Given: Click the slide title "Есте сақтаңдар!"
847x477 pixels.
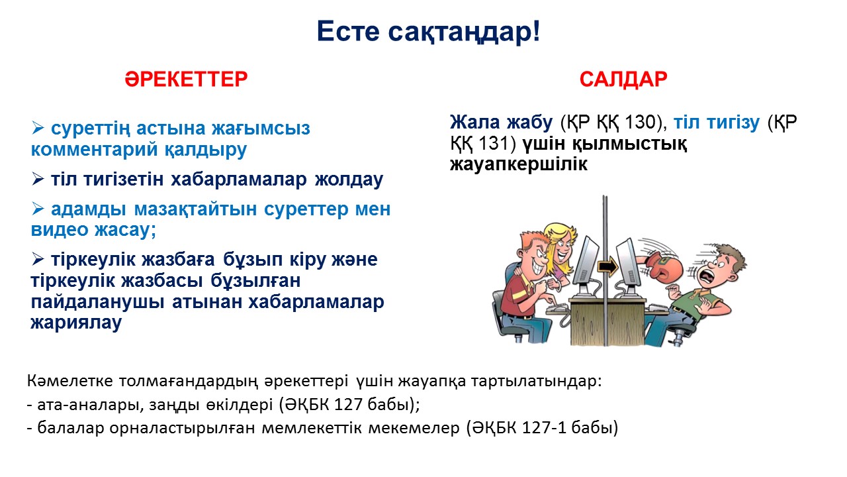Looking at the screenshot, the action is (x=428, y=32).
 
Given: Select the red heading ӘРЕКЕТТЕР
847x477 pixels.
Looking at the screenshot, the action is (x=186, y=79).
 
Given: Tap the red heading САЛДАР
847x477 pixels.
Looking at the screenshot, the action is (x=623, y=79).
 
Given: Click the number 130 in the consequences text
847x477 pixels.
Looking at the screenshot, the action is (x=640, y=122).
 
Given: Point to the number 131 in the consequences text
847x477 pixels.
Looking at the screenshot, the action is (x=494, y=143).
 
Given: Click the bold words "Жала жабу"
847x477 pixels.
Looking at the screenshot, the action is (x=502, y=122).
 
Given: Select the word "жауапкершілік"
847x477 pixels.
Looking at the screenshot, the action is (x=518, y=164).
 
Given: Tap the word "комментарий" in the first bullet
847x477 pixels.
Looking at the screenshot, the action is (x=94, y=149).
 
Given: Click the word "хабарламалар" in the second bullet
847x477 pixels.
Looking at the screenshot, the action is (x=239, y=179).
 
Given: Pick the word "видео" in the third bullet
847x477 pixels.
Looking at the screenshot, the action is (x=59, y=229).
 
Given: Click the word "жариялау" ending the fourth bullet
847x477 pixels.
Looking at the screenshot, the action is (x=76, y=323).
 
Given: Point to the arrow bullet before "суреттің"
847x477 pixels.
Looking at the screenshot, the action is (x=38, y=128).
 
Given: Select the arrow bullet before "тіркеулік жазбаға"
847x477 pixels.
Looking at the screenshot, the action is (x=38, y=259).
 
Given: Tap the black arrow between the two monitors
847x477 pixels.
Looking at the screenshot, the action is (x=607, y=267).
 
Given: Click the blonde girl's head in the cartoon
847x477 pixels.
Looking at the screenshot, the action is (x=560, y=243).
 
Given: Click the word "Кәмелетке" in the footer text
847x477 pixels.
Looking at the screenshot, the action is (x=70, y=381).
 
